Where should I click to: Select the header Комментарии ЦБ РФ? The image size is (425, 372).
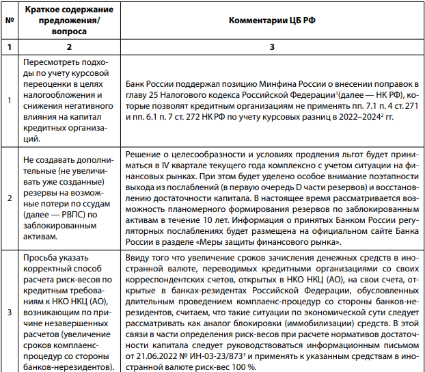271,21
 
